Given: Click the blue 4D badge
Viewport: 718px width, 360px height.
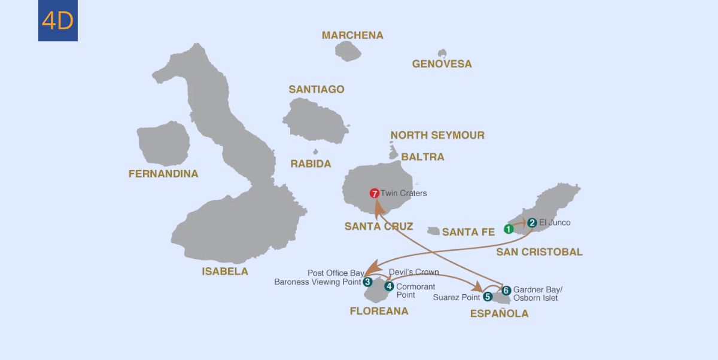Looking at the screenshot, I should (58, 21).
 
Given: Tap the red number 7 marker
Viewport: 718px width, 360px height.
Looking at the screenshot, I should (375, 193).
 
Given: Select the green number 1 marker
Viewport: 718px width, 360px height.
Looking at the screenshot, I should (508, 228).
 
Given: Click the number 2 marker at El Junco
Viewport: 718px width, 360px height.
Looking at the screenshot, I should (532, 222).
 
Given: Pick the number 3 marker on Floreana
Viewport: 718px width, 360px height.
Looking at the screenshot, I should (367, 282).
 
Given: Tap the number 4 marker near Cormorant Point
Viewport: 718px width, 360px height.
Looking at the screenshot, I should (389, 286).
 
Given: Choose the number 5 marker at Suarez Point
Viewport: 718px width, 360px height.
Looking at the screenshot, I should (488, 297).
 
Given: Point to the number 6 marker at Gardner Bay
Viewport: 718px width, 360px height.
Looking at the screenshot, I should (506, 291).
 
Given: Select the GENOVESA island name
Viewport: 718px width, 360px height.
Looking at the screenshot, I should (442, 64).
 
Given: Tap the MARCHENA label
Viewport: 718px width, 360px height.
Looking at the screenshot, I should (352, 35).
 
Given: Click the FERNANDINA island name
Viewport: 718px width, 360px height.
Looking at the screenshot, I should (163, 174).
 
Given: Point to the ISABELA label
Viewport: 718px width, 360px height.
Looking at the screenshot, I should (225, 271).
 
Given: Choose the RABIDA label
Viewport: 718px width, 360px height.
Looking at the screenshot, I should (311, 164).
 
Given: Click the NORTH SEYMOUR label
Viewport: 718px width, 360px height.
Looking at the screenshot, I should (437, 135).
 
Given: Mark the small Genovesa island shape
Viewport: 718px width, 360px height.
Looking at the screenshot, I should (442, 53).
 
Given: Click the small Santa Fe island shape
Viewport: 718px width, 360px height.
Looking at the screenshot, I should (434, 231).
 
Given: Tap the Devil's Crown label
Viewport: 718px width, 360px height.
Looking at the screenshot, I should (413, 272).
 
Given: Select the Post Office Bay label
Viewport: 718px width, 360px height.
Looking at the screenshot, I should (336, 273).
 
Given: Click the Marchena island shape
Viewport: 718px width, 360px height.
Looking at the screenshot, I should (348, 51).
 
